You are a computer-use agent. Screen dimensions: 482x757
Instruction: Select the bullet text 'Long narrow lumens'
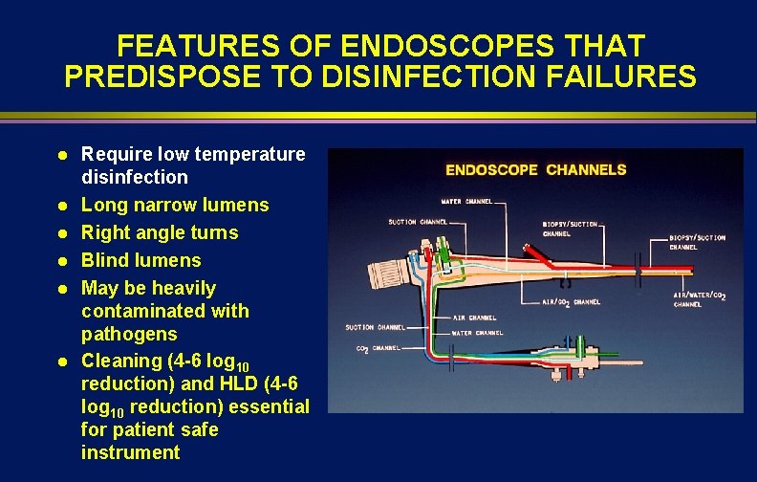tap(175, 205)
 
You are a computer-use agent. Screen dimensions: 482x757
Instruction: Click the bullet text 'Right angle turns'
tap(160, 232)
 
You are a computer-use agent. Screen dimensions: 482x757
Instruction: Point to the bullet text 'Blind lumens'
tap(141, 260)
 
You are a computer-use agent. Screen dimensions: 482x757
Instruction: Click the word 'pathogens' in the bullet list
tap(129, 334)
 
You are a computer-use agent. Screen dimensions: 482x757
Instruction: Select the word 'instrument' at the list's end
tap(130, 452)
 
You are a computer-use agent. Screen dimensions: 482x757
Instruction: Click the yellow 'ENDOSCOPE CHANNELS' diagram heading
tap(536, 170)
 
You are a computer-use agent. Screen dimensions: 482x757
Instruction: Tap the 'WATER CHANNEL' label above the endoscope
tap(466, 202)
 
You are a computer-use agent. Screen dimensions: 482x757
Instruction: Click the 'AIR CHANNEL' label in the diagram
tap(475, 317)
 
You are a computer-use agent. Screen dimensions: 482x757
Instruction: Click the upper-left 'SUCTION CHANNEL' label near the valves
tap(418, 222)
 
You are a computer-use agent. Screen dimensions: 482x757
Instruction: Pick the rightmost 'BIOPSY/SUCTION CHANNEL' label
tap(697, 241)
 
